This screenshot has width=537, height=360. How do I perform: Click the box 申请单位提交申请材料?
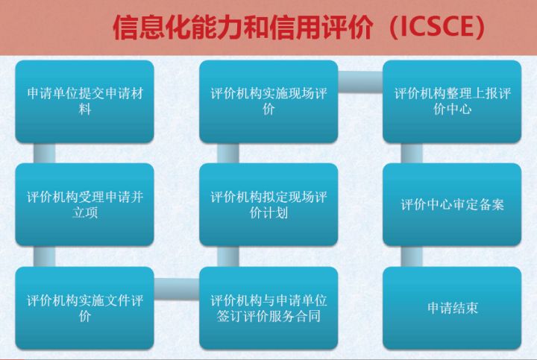tap(84, 101)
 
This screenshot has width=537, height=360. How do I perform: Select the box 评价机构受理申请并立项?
tap(84, 205)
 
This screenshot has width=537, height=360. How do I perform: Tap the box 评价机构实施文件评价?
tap(84, 308)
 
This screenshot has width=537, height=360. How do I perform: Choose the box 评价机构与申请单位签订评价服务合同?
tap(268, 308)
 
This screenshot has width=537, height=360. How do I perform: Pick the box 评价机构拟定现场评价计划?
tap(268, 205)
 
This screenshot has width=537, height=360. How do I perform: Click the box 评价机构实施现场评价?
tap(268, 101)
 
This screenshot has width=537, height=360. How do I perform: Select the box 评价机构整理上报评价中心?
tap(452, 101)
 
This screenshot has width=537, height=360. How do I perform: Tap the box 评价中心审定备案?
tap(452, 205)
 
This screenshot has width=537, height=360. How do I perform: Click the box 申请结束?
tap(452, 308)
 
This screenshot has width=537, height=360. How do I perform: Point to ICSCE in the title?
tap(438, 27)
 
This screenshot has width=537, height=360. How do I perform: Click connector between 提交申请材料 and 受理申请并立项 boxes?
tap(45, 154)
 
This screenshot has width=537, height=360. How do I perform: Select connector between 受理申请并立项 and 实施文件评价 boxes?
tap(45, 256)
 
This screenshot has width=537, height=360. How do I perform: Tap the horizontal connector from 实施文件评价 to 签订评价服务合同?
tap(177, 288)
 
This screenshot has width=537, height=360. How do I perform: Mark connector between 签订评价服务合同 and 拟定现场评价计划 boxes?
tap(228, 256)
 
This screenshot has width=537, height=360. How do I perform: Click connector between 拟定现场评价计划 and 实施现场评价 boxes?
tap(228, 154)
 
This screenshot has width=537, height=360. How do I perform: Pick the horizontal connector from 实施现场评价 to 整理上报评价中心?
tap(360, 82)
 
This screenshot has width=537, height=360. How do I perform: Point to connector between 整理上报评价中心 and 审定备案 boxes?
tap(412, 154)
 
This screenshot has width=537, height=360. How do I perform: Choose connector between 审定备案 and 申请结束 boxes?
tap(412, 256)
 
